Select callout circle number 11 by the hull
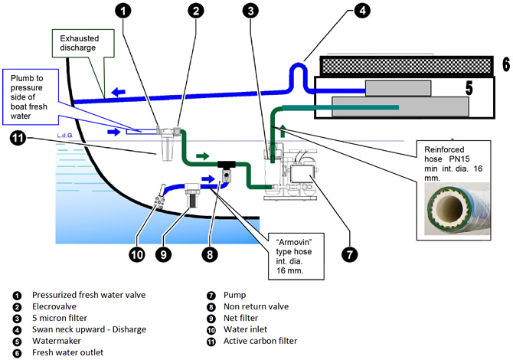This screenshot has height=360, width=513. pos(18,139)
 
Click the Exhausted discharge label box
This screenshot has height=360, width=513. pos(80,42)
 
